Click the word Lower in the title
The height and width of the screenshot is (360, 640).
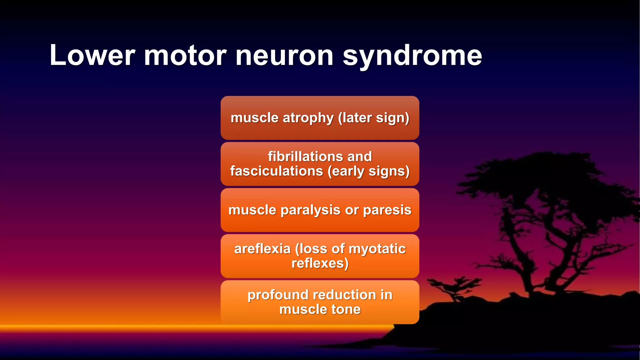pyautogui.click(x=92, y=55)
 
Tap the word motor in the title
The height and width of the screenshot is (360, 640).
pyautogui.click(x=185, y=55)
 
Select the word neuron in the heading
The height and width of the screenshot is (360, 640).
pyautogui.click(x=284, y=55)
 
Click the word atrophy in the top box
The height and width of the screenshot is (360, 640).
pyautogui.click(x=308, y=118)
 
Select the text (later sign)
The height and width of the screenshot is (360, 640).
pyautogui.click(x=374, y=118)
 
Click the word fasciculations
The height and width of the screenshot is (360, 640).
pyautogui.click(x=277, y=171)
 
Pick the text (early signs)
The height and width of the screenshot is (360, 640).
pyautogui.click(x=369, y=171)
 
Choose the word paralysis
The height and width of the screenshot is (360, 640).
pyautogui.click(x=311, y=210)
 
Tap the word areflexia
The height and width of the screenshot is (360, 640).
pyautogui.click(x=262, y=249)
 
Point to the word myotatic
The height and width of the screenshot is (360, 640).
pyautogui.click(x=377, y=249)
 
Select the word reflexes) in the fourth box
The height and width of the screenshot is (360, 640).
pyautogui.click(x=320, y=263)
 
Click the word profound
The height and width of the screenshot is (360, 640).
pyautogui.click(x=278, y=295)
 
